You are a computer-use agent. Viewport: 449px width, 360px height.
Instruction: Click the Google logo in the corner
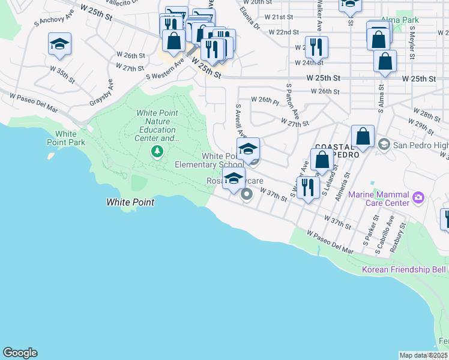coord(20,353)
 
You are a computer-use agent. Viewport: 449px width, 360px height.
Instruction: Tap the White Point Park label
coord(66,138)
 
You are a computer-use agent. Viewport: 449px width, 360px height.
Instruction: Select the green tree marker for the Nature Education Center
coord(157,151)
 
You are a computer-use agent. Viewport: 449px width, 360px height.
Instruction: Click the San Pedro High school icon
coord(384,144)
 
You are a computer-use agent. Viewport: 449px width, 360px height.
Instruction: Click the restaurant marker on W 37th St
coord(308,187)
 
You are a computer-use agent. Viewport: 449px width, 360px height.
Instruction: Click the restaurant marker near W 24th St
coord(316,46)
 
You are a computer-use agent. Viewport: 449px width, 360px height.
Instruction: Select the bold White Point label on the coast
coord(130,202)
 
